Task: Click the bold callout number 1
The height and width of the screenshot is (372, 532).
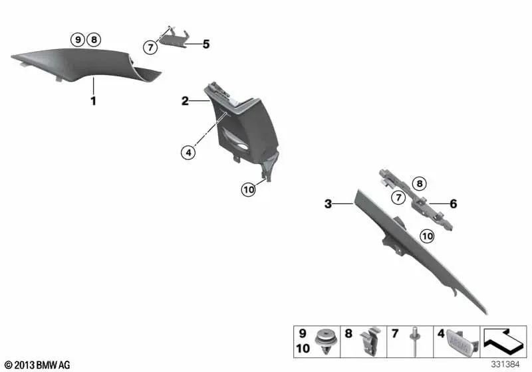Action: point(93,101)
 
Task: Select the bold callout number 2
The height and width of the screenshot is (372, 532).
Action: point(185,101)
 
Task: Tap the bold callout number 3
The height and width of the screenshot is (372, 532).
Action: point(328,204)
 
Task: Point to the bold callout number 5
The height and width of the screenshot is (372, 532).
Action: point(206,44)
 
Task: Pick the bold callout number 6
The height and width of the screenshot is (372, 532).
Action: point(454,204)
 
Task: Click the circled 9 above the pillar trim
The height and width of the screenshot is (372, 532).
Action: point(78,40)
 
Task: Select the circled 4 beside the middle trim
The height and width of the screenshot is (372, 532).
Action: point(188,153)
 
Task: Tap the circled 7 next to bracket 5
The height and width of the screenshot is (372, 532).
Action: point(150,47)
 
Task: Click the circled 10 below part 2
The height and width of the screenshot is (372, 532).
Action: point(249,189)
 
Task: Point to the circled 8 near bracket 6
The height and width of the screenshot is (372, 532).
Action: point(420,183)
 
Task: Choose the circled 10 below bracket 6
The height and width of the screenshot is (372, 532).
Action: point(427,236)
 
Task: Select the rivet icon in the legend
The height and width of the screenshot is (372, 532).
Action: point(415,341)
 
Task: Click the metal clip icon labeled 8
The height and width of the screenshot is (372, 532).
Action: point(371,341)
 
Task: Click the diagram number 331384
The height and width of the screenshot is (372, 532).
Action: point(505,365)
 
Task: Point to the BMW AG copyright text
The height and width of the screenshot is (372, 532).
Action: point(38,365)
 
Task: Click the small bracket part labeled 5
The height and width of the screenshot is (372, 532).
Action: point(174,37)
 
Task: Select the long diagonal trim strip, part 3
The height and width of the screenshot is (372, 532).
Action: point(418,249)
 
